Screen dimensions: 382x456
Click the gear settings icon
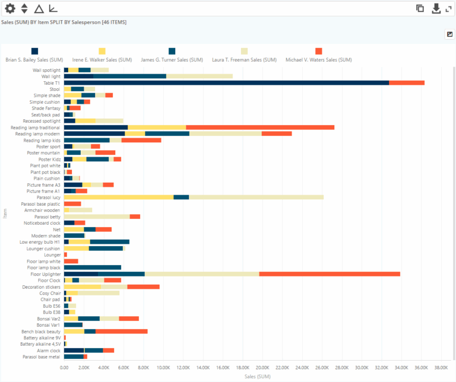pyautogui.click(x=9, y=8)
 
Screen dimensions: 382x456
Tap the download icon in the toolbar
pyautogui.click(x=436, y=8)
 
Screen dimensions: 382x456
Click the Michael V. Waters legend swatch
pyautogui.click(x=319, y=52)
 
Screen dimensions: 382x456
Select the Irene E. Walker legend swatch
pyautogui.click(x=102, y=52)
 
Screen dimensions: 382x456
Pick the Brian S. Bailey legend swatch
pyautogui.click(x=34, y=52)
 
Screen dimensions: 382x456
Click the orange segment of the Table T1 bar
pyautogui.click(x=407, y=82)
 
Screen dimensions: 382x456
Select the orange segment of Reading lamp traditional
pyautogui.click(x=260, y=128)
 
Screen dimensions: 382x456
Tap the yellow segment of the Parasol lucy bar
pyautogui.click(x=119, y=197)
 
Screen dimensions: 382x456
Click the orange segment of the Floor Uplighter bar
pyautogui.click(x=330, y=274)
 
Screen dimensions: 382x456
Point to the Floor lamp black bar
pyautogui.click(x=93, y=268)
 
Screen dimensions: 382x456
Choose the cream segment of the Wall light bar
pyautogui.click(x=199, y=76)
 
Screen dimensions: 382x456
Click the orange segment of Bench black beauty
pyautogui.click(x=122, y=332)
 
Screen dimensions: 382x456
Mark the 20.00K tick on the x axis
pyautogui.click(x=262, y=367)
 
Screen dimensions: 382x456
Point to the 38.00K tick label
pyautogui.click(x=441, y=367)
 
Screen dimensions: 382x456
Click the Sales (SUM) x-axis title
pyautogui.click(x=256, y=376)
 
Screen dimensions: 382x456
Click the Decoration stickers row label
pyautogui.click(x=41, y=287)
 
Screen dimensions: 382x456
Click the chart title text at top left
pyautogui.click(x=64, y=22)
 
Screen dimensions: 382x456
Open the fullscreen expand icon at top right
pyautogui.click(x=449, y=8)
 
